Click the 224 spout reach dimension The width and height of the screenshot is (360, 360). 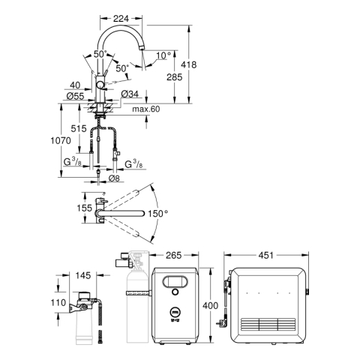tap(121, 19)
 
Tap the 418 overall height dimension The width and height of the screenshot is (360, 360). tap(189, 64)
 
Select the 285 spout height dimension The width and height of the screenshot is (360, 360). tap(175, 77)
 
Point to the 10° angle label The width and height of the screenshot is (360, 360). tap(163, 55)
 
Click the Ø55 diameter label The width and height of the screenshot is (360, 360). tap(76, 96)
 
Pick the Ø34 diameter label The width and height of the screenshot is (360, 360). tap(130, 94)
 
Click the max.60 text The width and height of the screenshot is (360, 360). tap(145, 109)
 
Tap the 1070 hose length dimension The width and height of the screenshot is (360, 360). tap(61, 140)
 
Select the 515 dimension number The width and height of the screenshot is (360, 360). tap(79, 129)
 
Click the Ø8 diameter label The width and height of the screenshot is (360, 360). tap(114, 178)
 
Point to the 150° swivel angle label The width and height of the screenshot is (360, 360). tap(157, 214)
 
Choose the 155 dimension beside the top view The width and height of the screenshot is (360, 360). tap(85, 208)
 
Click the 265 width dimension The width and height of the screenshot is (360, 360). tap(174, 255)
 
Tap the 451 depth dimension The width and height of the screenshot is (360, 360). tap(266, 255)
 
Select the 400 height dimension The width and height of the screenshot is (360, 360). tap(210, 305)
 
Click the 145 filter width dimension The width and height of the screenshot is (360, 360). tap(83, 275)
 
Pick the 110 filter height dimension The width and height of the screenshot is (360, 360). tap(58, 303)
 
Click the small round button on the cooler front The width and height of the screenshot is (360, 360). tap(175, 292)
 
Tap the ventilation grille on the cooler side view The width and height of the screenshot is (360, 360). tap(268, 324)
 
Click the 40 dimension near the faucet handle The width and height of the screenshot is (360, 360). tap(75, 85)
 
